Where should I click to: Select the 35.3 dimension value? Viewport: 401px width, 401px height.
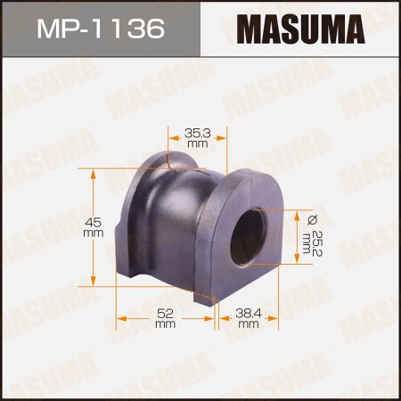tap(197, 131)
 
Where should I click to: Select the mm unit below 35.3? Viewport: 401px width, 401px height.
tap(197, 143)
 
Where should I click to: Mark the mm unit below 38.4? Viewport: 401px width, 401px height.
tap(248, 324)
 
